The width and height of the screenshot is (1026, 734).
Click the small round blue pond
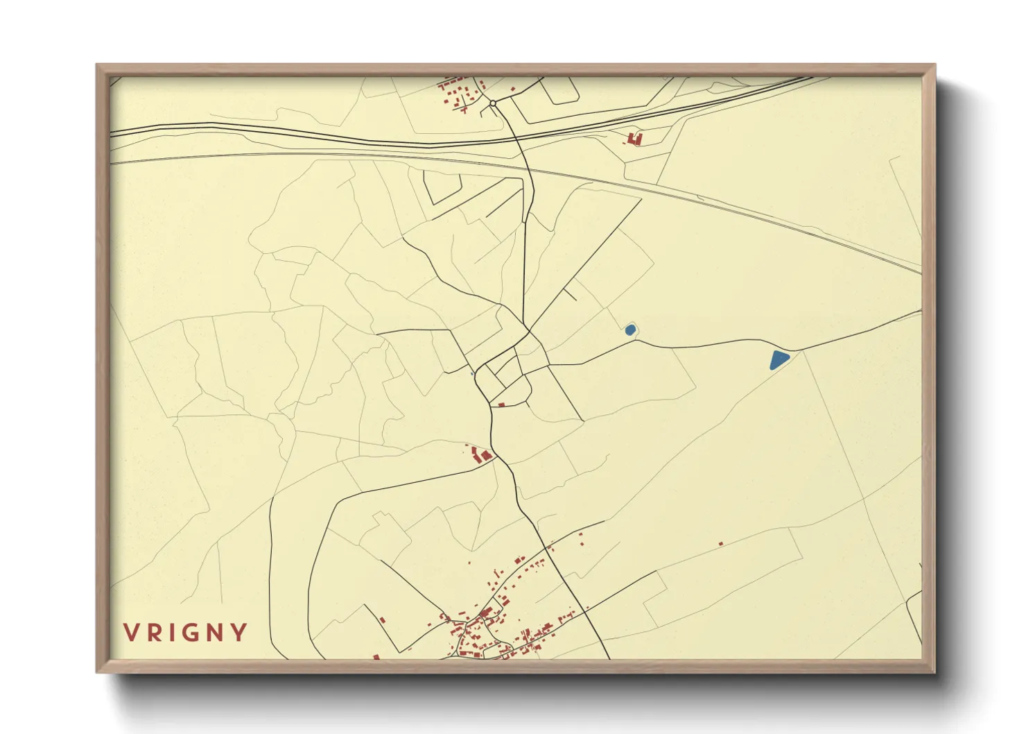click(630, 330)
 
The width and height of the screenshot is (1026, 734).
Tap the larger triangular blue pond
click(779, 360)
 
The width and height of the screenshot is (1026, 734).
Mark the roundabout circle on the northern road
click(493, 103)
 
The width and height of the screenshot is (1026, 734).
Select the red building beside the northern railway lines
click(634, 139)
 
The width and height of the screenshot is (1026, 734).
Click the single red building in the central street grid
click(501, 404)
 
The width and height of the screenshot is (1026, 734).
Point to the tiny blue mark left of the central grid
click(472, 374)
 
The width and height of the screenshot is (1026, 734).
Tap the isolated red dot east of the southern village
click(721, 543)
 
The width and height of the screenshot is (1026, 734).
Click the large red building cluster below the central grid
click(480, 455)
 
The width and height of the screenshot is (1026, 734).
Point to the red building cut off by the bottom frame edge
click(376, 656)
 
